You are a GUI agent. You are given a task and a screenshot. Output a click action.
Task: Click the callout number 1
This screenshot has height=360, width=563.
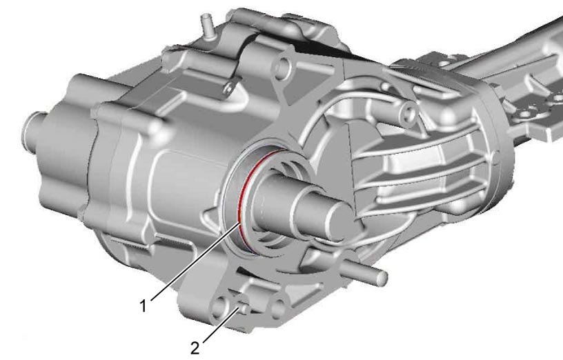[144, 306]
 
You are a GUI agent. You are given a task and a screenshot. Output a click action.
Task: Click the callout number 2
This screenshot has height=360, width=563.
[195, 348]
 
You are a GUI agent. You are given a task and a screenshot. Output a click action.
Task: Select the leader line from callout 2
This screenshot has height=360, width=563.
[219, 324]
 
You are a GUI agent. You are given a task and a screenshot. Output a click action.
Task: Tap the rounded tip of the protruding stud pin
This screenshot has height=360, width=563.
[383, 277]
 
